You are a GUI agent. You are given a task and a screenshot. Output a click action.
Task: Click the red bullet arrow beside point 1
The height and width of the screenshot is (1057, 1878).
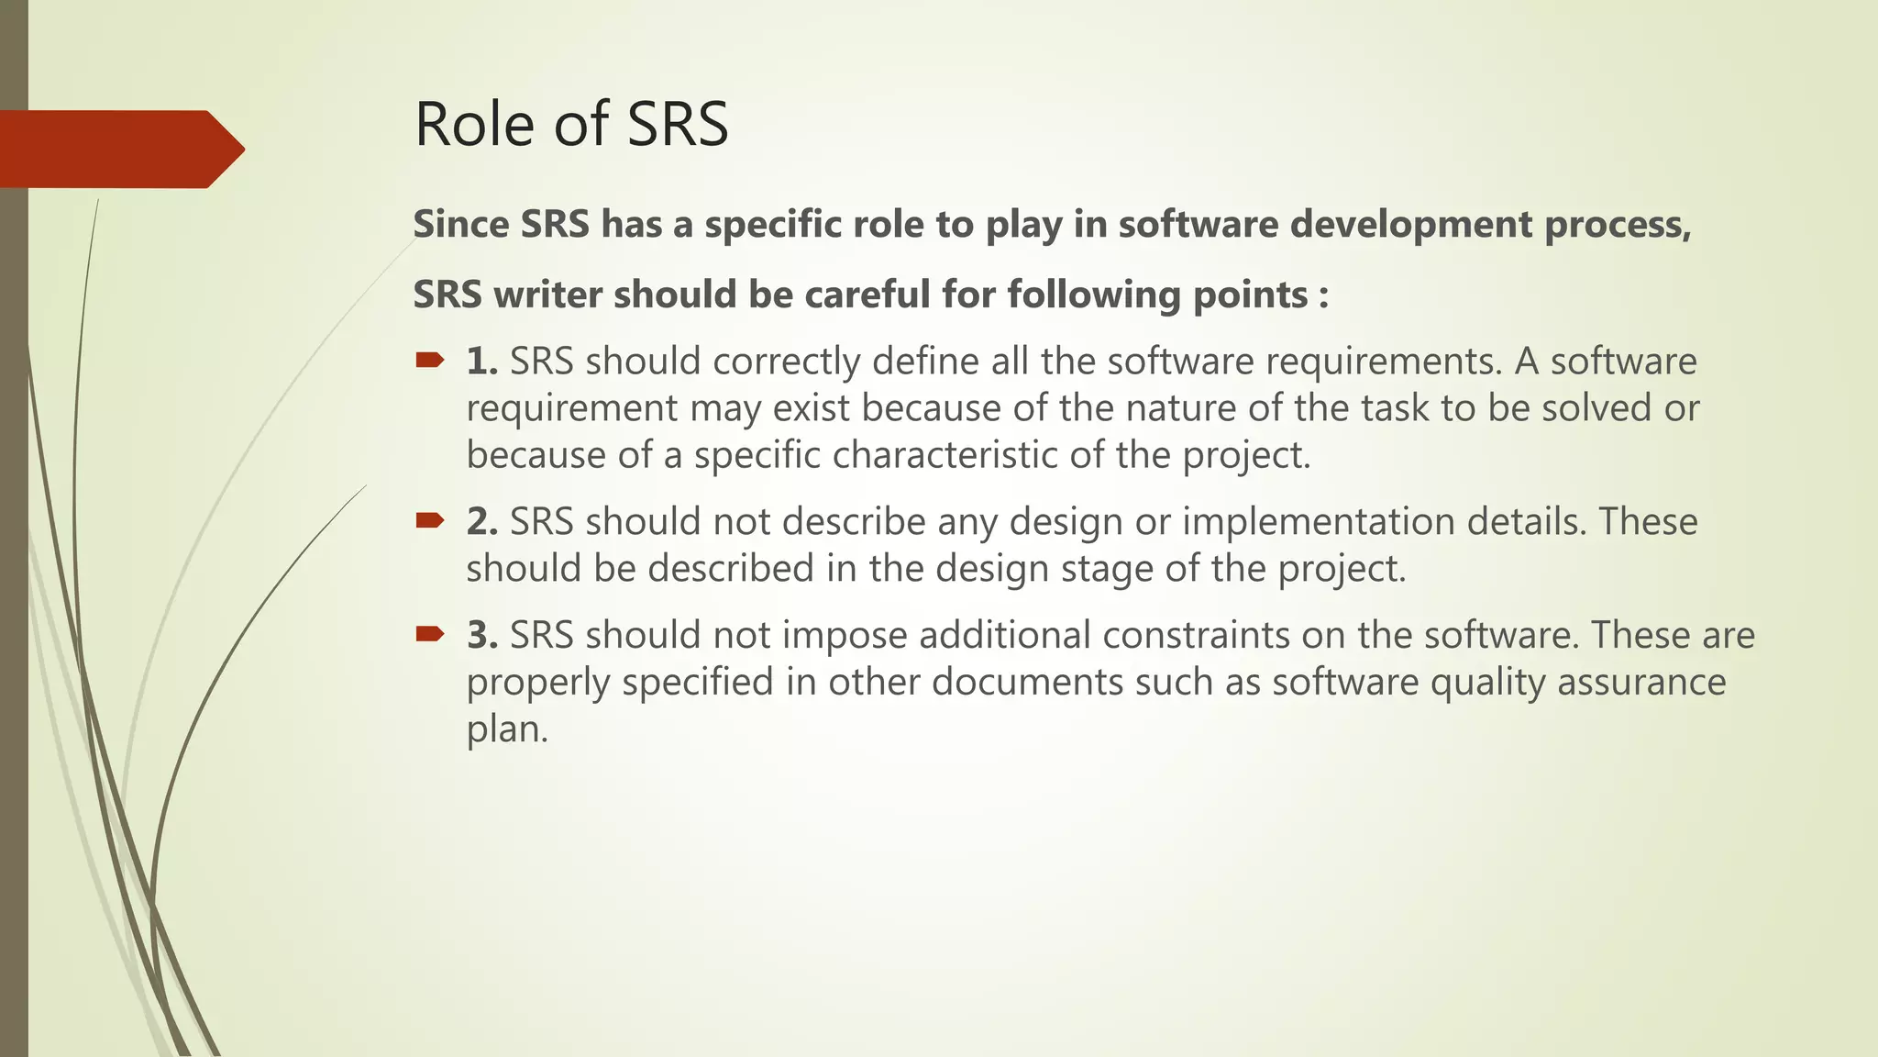click(x=429, y=360)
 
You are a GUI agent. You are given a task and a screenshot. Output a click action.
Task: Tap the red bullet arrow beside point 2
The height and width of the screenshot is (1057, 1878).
click(x=429, y=520)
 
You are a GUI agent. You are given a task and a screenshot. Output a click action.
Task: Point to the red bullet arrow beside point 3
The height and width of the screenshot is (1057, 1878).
click(x=429, y=633)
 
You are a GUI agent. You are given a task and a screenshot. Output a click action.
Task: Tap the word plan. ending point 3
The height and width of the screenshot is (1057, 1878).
click(x=506, y=730)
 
